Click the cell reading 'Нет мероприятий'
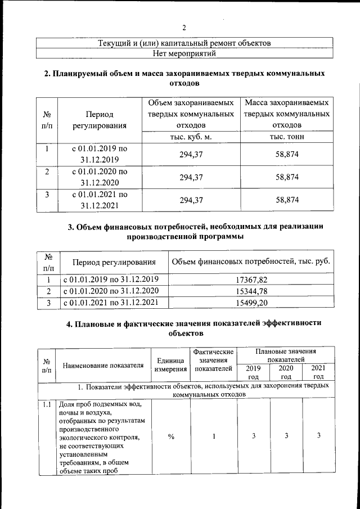(184, 53)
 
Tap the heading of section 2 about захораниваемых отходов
(184, 78)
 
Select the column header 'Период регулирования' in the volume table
(100, 120)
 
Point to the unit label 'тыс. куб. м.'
(191, 137)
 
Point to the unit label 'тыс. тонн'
(287, 137)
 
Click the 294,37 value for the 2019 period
(191, 154)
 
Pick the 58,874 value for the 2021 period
(287, 200)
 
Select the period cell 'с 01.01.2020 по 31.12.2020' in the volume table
(100, 177)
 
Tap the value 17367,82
(251, 279)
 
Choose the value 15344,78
(251, 291)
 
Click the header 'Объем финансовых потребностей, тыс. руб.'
(251, 262)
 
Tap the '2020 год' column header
(286, 372)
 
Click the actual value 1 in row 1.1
(214, 436)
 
